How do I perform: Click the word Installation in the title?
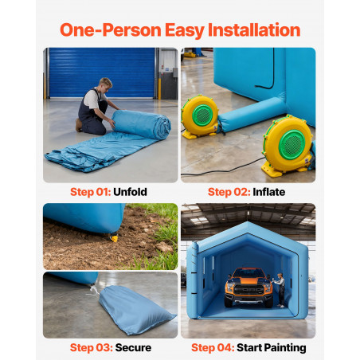[254, 29]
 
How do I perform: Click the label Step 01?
[90, 192]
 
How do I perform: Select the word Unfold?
[130, 192]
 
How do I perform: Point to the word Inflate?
[269, 192]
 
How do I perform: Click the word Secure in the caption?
[133, 347]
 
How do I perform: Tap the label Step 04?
[213, 347]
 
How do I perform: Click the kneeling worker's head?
[105, 84]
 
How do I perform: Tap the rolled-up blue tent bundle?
[142, 124]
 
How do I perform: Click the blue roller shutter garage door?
[102, 72]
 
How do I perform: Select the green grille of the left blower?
[203, 115]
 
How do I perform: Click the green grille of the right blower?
[292, 145]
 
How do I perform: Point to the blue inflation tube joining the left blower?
[252, 114]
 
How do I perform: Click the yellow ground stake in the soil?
[114, 238]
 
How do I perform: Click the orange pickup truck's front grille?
[249, 291]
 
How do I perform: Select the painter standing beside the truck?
[280, 290]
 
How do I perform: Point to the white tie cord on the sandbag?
[93, 290]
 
